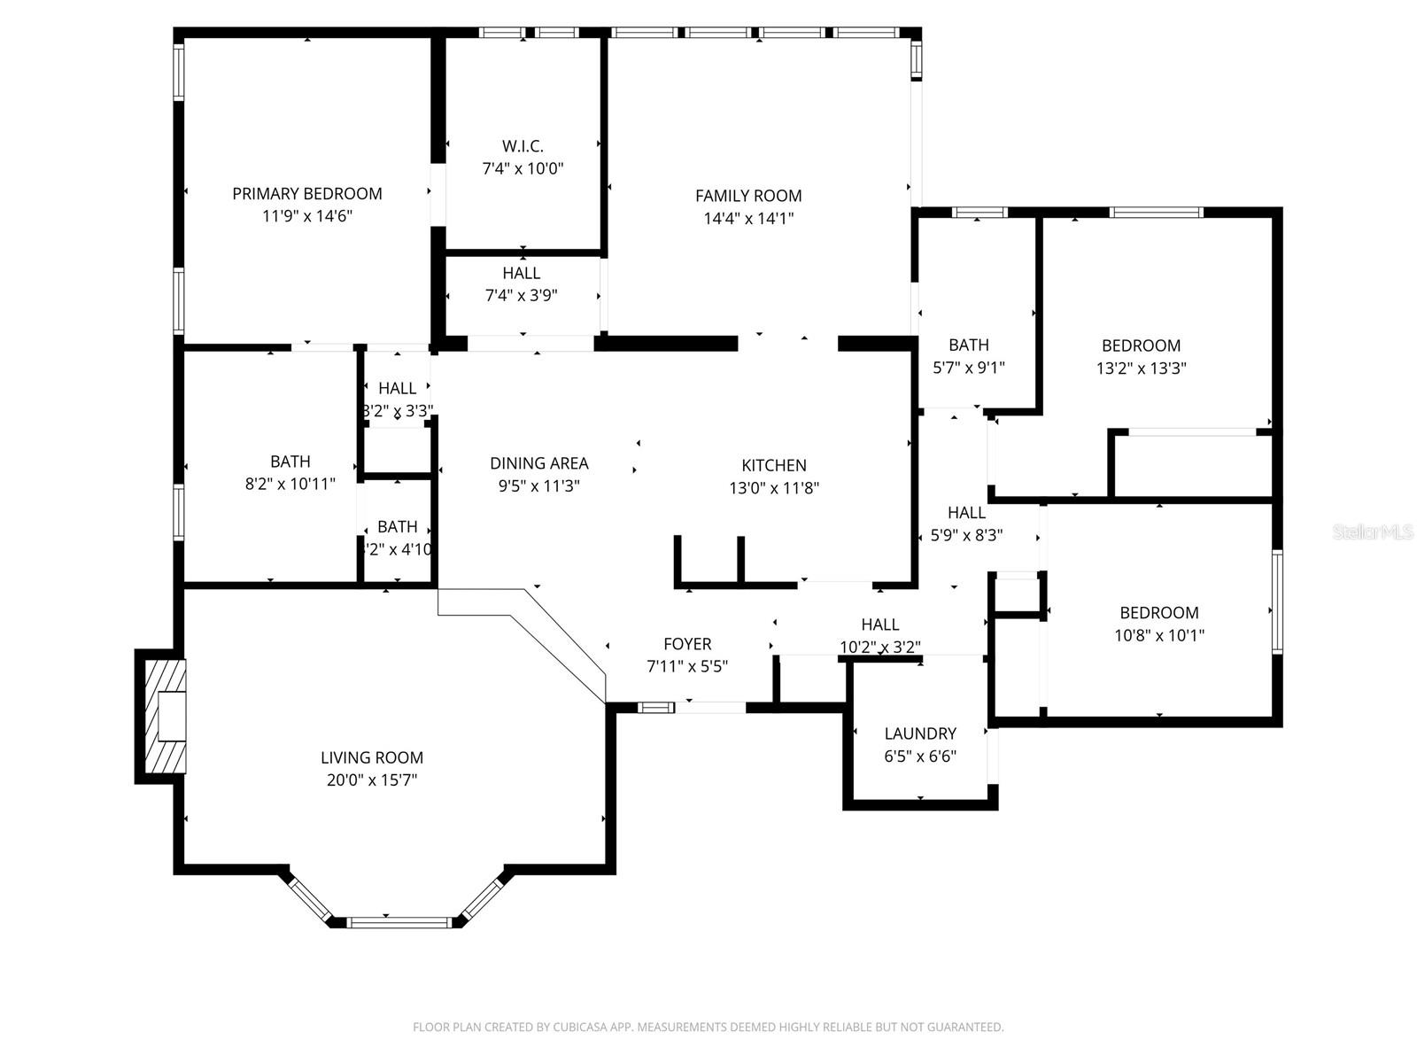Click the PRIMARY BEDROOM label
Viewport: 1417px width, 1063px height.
pyautogui.click(x=306, y=194)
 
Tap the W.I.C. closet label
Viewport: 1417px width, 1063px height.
pyautogui.click(x=523, y=146)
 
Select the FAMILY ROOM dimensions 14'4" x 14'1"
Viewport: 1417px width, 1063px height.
pyautogui.click(x=748, y=219)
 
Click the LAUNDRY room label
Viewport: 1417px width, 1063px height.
pyautogui.click(x=920, y=733)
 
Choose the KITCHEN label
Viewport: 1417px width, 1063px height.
pyautogui.click(x=773, y=465)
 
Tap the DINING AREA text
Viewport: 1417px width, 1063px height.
pyautogui.click(x=538, y=463)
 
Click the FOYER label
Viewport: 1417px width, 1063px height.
pyautogui.click(x=687, y=644)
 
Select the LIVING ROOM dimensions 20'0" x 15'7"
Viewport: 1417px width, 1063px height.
pyautogui.click(x=372, y=780)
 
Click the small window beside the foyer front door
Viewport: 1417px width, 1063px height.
pyautogui.click(x=656, y=707)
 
